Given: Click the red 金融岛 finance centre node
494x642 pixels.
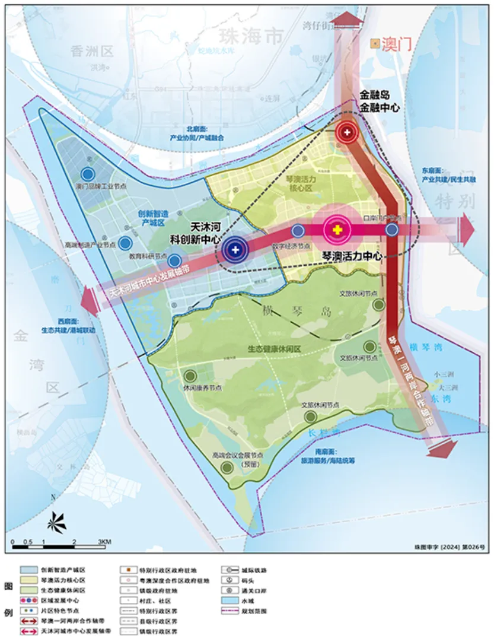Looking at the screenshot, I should point(346,133).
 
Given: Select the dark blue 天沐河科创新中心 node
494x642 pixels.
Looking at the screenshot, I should point(235,250).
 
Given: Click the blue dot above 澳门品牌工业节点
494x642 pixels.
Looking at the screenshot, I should point(88,174).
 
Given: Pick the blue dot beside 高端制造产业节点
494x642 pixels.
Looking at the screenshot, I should point(125,243).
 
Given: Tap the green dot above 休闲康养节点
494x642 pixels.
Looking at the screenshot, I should point(190,376).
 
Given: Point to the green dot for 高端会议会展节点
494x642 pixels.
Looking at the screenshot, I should point(226,468).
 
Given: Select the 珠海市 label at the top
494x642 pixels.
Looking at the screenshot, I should point(249,37).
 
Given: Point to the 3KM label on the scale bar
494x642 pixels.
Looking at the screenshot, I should point(104,541).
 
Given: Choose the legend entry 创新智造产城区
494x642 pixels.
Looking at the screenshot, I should point(62,568).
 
